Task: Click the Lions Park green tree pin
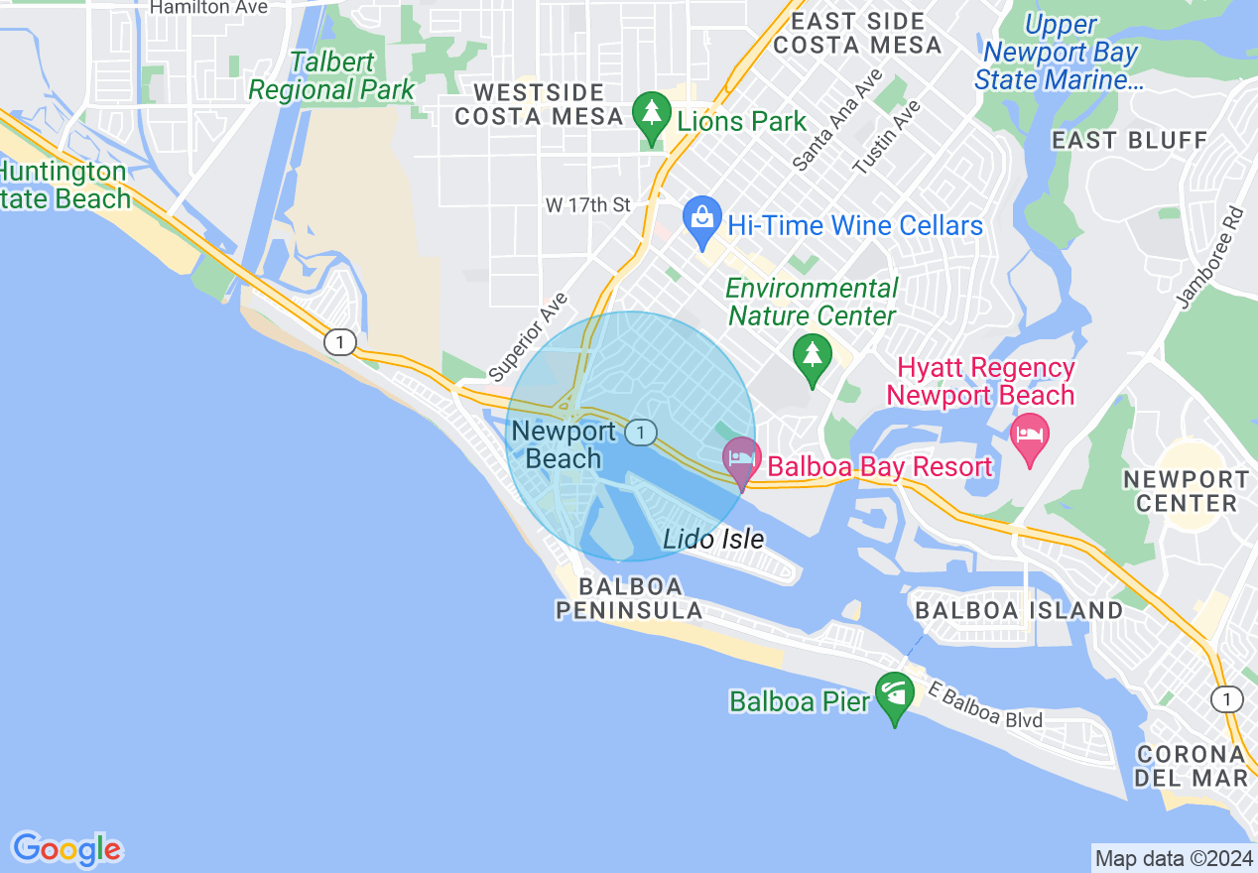tap(652, 116)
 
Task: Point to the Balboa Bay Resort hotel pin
tap(741, 461)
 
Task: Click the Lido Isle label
tap(713, 540)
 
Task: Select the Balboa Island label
tap(1019, 610)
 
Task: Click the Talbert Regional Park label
tap(331, 75)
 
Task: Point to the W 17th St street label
tap(588, 205)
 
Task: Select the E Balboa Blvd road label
tap(985, 705)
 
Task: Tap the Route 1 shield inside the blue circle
tap(643, 432)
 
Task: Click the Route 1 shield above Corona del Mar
tap(1226, 698)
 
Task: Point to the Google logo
tap(66, 849)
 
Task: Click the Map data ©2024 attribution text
tap(1174, 858)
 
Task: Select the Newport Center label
tap(1186, 491)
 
